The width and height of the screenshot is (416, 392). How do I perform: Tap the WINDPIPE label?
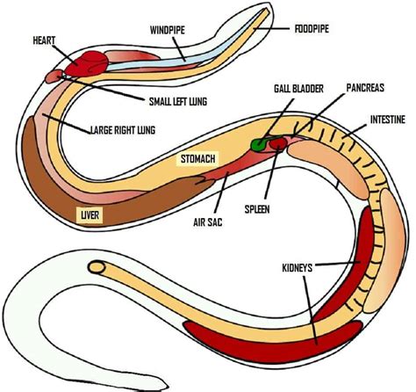tap(166, 28)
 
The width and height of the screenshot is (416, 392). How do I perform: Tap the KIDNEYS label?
tap(298, 263)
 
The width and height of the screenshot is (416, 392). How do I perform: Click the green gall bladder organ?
tap(259, 142)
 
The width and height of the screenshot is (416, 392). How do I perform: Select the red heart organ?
tap(81, 62)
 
